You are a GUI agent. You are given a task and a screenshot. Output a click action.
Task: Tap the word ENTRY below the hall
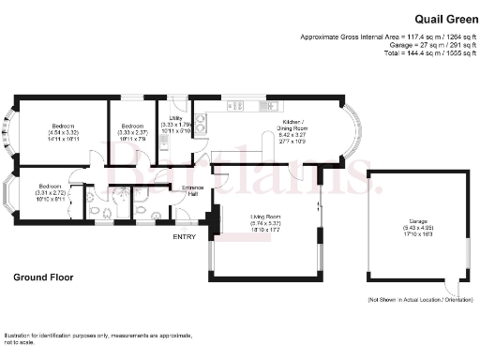pos(185,235)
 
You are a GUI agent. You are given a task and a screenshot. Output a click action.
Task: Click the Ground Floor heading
pos(43,277)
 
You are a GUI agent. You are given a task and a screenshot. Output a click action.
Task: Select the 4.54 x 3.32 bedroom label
pos(64,131)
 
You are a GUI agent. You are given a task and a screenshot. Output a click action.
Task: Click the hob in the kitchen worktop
pos(236,106)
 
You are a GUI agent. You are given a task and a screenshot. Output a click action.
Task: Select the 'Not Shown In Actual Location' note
pos(420,299)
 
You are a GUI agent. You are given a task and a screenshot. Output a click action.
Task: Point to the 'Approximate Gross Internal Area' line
pos(390,37)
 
